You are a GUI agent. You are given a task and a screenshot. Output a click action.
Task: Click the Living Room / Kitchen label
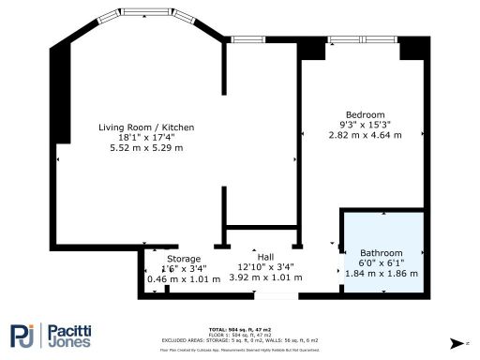[141, 127]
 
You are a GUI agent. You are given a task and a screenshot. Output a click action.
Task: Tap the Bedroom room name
[365, 114]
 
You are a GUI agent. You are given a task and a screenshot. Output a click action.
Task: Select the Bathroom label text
[382, 253]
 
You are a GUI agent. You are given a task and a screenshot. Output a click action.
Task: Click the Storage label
[184, 259]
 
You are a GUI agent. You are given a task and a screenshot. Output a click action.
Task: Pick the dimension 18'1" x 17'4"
[141, 138]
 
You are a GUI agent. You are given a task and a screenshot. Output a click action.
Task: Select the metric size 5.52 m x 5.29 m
[141, 148]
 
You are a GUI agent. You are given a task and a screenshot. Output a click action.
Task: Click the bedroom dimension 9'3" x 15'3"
[365, 125]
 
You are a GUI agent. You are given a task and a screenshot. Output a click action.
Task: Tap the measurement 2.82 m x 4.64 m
[365, 135]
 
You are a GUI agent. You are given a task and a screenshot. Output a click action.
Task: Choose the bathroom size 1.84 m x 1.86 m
[382, 273]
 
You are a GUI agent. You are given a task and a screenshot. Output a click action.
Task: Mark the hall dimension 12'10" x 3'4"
[267, 267]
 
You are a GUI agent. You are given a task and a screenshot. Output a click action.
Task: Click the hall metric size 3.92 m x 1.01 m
[267, 277]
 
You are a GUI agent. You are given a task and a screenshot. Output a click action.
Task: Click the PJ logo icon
[25, 336]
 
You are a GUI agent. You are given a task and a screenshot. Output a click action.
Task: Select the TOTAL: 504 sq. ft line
[239, 330]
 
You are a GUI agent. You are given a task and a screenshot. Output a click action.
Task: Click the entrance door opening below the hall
[273, 297]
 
